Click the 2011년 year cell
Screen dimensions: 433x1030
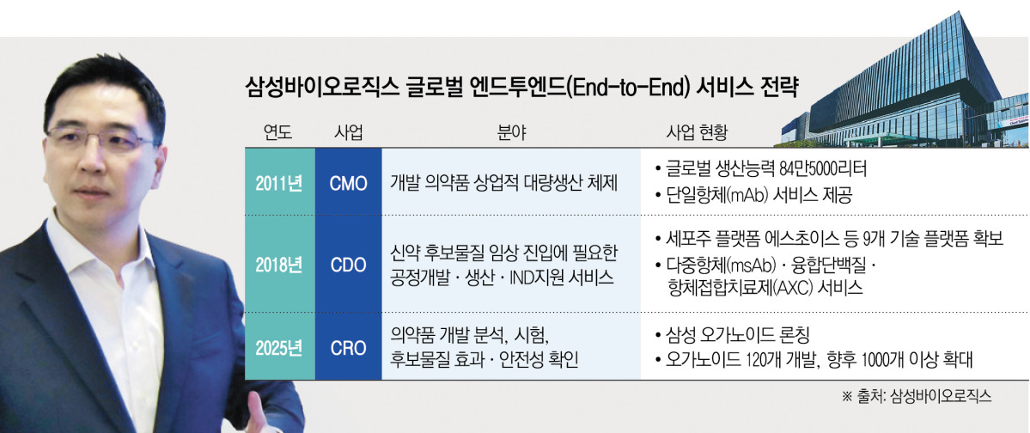279,183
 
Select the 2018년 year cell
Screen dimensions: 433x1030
279,265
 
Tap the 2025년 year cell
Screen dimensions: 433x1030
279,348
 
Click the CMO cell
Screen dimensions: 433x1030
348,183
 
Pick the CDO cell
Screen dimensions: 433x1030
348,265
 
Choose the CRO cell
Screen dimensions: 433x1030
348,348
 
